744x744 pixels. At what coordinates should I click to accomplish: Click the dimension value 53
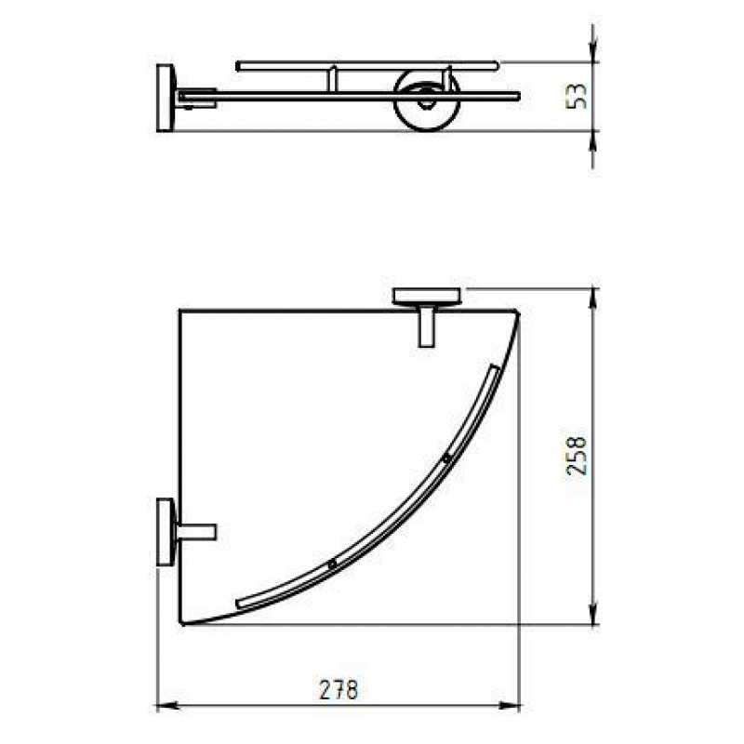(x=578, y=97)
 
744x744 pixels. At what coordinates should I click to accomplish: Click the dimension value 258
(x=578, y=456)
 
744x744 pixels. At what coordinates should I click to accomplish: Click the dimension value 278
(x=339, y=689)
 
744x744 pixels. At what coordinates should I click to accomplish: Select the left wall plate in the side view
(x=166, y=98)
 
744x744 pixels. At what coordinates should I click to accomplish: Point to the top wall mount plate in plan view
(x=427, y=296)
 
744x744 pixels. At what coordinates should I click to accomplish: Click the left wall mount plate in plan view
(x=166, y=531)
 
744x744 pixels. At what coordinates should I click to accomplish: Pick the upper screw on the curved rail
(x=446, y=458)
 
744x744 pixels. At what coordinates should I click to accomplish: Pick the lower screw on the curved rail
(x=332, y=564)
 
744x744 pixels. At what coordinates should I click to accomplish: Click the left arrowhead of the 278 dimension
(x=164, y=706)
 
